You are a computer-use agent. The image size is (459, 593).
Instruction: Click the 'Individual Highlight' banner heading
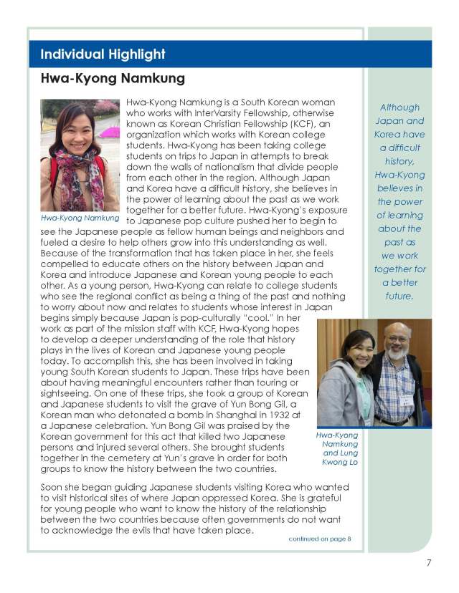point(103,54)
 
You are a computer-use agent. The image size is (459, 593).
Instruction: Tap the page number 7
point(428,562)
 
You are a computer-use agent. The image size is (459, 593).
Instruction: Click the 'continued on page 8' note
point(320,538)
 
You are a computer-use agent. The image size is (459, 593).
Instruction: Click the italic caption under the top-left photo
point(80,217)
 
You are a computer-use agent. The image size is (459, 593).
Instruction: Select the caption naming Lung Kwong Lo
point(338,448)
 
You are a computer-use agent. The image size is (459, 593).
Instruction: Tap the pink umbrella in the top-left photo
point(109,132)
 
